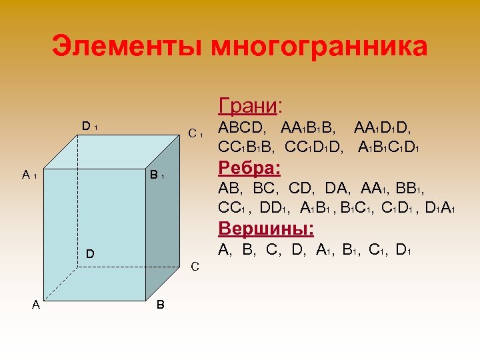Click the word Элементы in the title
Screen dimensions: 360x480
(127, 47)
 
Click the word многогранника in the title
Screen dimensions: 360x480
(319, 47)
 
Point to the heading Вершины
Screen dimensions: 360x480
(266, 229)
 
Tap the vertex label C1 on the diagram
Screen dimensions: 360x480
(195, 133)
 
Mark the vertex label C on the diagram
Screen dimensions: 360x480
(195, 267)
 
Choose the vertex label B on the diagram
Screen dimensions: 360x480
(161, 305)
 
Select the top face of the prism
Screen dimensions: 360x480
(113, 152)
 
